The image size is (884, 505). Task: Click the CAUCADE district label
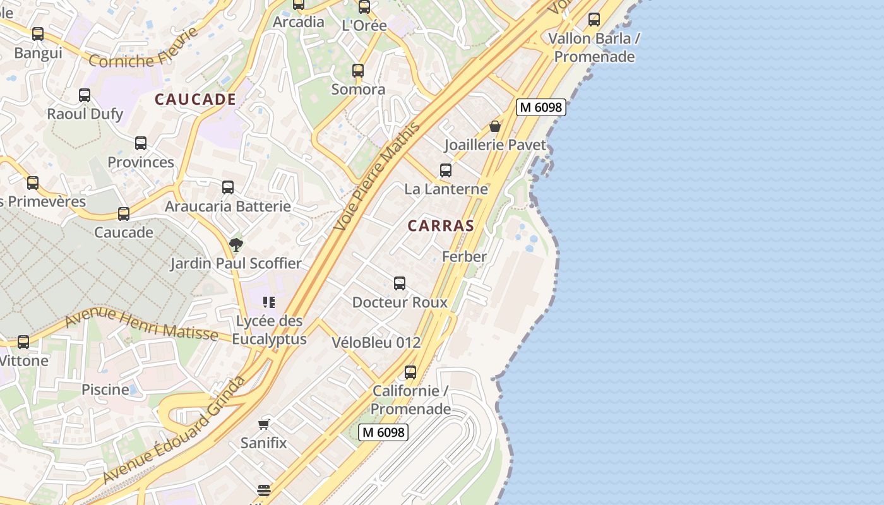coord(195,99)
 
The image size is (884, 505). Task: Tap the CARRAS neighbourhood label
coord(441,225)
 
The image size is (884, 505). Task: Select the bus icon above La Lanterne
coord(446,170)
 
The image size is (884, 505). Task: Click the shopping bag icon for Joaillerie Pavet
coord(495,126)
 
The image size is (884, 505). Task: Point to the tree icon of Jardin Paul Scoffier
coord(236,244)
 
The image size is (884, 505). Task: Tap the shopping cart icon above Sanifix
coord(264,424)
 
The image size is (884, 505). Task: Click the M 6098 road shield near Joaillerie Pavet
coord(541,107)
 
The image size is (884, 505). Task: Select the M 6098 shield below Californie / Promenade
coord(383,432)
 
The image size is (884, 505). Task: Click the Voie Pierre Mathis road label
coord(378,177)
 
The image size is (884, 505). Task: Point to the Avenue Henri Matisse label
coord(141,323)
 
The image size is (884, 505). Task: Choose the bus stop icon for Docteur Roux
coord(400,283)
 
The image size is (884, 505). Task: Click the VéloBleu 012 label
coord(376,343)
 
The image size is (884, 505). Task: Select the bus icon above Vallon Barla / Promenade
coord(594,20)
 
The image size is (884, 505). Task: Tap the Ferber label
coord(464,256)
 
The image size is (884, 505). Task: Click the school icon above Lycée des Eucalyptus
coord(269,302)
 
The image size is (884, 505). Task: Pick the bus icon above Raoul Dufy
coord(85,95)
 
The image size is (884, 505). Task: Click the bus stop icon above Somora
coord(358,71)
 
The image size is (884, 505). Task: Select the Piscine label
coord(105,389)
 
